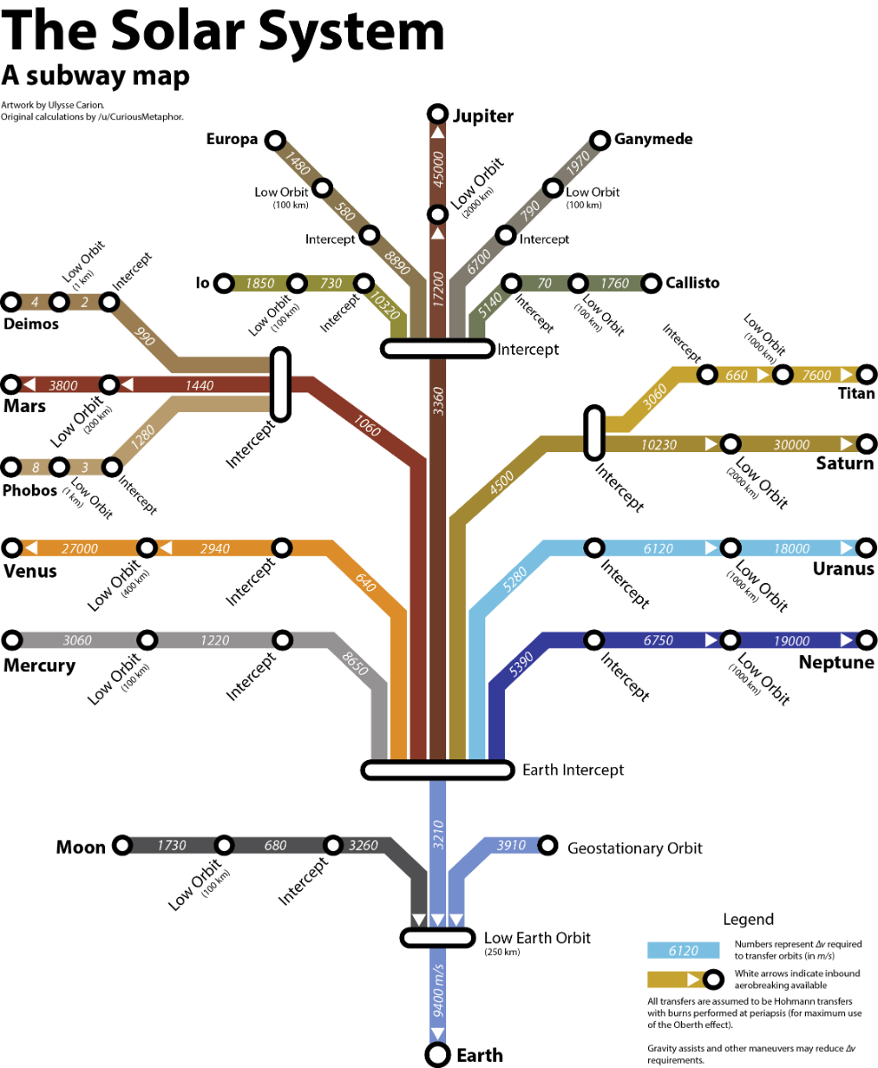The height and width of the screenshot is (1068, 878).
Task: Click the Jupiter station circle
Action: pyautogui.click(x=438, y=115)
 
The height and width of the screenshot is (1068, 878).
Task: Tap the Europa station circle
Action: pyautogui.click(x=276, y=141)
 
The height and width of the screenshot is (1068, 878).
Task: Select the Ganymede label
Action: pyautogui.click(x=653, y=139)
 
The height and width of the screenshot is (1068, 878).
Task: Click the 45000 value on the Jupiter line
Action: pyautogui.click(x=438, y=168)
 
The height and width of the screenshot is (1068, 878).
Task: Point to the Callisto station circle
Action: pyautogui.click(x=651, y=284)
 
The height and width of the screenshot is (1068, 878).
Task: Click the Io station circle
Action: pyautogui.click(x=224, y=284)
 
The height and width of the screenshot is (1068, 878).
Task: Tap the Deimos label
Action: pyautogui.click(x=31, y=324)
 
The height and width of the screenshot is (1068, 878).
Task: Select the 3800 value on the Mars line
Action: pyautogui.click(x=63, y=386)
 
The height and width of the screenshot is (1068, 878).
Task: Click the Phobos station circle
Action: pyautogui.click(x=12, y=467)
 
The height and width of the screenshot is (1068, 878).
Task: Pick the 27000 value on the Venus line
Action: pyautogui.click(x=79, y=549)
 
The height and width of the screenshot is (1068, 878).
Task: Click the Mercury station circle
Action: pyautogui.click(x=12, y=640)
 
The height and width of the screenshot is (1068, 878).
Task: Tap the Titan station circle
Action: pyautogui.click(x=866, y=376)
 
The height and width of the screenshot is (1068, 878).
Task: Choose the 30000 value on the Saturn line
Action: pyautogui.click(x=792, y=445)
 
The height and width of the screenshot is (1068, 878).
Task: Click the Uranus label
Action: pyautogui.click(x=843, y=570)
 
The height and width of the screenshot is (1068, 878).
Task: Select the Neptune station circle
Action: pyautogui.click(x=866, y=641)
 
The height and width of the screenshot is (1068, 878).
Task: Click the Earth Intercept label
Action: pyautogui.click(x=573, y=770)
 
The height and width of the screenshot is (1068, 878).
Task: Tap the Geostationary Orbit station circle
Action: pyautogui.click(x=548, y=845)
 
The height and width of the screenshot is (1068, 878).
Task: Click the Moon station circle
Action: pyautogui.click(x=122, y=845)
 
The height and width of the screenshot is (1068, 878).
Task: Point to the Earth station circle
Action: pyautogui.click(x=438, y=1055)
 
